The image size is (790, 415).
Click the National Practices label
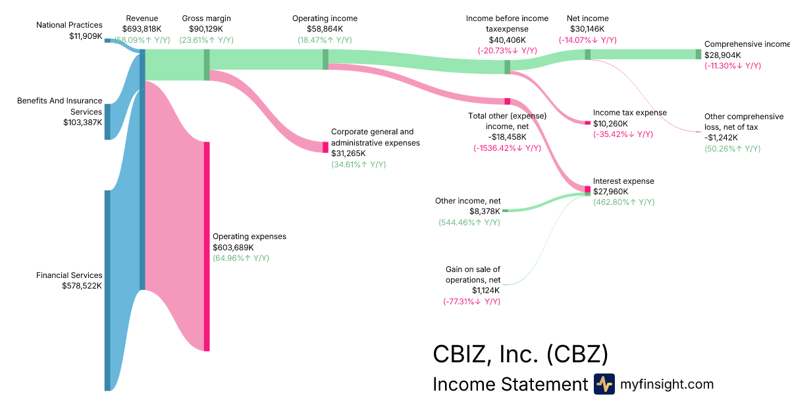69,25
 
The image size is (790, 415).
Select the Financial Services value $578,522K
82,286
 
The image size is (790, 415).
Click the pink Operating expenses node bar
207,246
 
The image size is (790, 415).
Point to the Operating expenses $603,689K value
233,247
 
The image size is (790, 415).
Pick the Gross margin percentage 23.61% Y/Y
206,40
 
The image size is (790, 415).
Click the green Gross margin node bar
207,65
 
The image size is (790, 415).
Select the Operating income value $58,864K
325,29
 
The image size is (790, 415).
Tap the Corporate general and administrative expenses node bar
325,147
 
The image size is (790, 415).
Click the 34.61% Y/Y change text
358,164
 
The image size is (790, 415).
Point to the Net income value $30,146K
587,29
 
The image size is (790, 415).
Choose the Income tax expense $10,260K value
610,123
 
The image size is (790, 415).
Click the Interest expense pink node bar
588,190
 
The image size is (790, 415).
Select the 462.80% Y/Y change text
623,202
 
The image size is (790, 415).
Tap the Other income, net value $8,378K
485,211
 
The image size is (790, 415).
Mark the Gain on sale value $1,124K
486,290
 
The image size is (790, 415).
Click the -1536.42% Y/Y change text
507,148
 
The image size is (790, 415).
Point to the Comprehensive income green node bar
698,54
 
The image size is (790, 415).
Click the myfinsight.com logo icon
604,384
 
